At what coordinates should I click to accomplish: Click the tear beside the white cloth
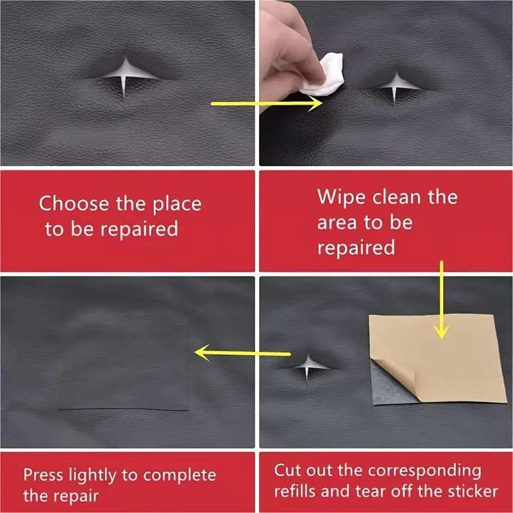[393, 86]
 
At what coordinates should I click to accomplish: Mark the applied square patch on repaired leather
[125, 362]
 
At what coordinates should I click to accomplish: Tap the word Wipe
[341, 197]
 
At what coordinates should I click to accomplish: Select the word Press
[46, 476]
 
